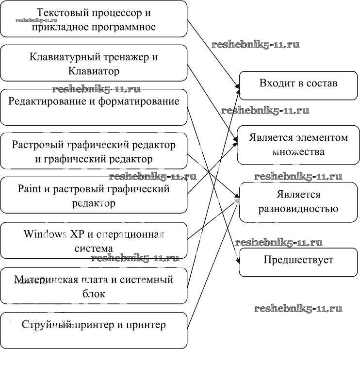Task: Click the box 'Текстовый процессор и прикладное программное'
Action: pos(94,19)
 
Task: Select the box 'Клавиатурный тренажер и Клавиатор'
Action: pos(94,63)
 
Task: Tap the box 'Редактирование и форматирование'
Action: pos(94,107)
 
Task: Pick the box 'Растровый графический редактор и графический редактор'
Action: pos(94,151)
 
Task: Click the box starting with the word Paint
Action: pos(94,195)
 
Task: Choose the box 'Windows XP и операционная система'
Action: pos(94,240)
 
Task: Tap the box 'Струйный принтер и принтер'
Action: pos(94,330)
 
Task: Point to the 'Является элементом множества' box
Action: pos(298,145)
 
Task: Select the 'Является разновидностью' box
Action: pos(298,202)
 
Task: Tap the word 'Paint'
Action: pos(29,189)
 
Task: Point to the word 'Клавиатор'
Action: pos(94,71)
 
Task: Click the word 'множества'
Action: pos(298,152)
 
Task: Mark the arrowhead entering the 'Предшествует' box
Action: pos(238,263)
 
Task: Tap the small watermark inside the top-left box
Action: pos(36,20)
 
